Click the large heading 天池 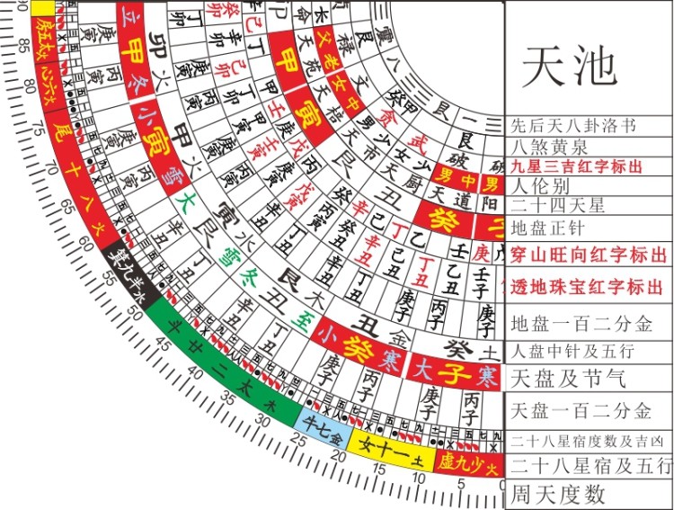coord(569,63)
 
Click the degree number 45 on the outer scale coord(163,342)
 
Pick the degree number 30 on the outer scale coord(263,421)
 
